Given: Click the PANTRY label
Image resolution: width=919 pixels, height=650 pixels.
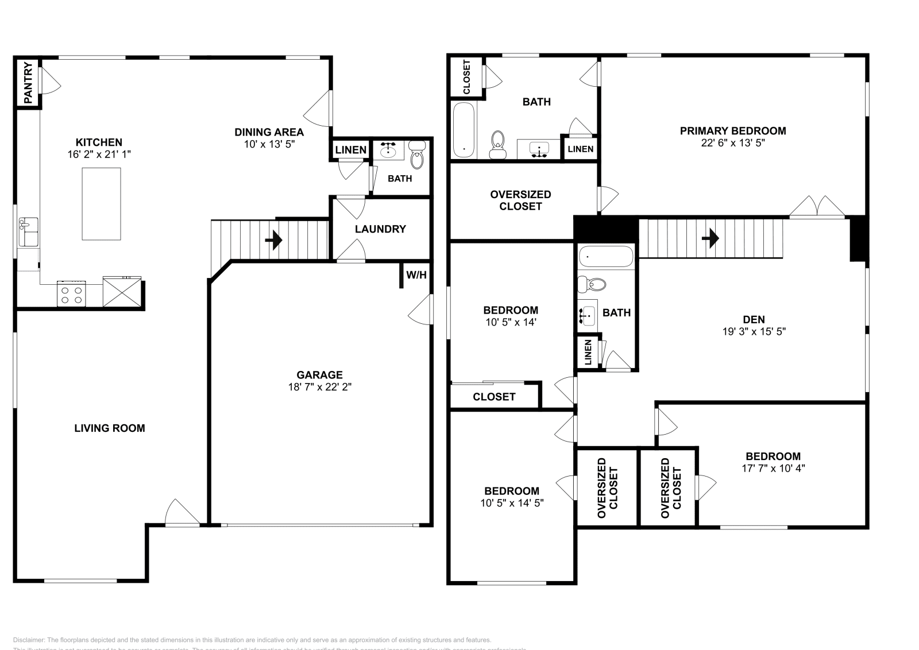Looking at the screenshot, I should coord(28,83).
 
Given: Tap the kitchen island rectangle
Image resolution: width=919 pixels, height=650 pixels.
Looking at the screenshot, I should coord(101,204).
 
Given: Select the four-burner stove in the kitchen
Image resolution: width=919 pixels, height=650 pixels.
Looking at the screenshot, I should coord(71,294).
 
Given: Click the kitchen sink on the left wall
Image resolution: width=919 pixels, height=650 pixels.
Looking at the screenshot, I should coord(28,231).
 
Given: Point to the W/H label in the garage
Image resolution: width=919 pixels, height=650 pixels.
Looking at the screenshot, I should coord(416,275).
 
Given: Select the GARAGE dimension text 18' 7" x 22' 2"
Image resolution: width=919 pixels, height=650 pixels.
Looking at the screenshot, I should coord(319,387).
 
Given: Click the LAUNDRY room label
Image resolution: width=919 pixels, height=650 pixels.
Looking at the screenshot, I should coord(380,229).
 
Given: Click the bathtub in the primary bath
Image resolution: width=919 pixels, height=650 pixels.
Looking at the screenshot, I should coord(464,130).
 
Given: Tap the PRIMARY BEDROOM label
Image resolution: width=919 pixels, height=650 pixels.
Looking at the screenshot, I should coord(733,131).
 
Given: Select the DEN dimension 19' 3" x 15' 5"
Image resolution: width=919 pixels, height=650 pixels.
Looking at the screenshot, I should coord(754,331).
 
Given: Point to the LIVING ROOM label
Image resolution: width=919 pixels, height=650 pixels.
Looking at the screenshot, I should coord(110,428).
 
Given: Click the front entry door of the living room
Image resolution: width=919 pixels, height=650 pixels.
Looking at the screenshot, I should coord(183,514).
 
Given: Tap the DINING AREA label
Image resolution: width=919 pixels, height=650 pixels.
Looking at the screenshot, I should coord(269,132).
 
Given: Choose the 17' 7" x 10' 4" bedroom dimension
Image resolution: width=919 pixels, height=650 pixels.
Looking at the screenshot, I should coord(773,468).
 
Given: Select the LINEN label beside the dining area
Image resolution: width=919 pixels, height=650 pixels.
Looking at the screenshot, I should coord(350,150).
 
